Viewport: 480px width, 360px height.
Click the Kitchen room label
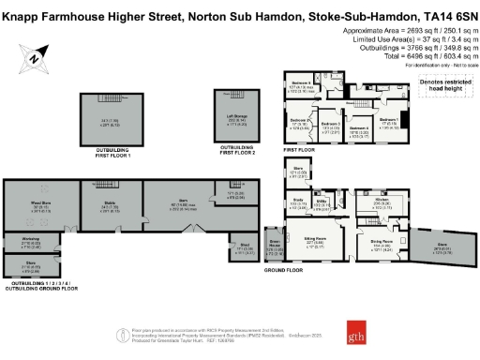pyautogui.click(x=382, y=198)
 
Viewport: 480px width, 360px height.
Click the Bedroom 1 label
pyautogui.click(x=388, y=119)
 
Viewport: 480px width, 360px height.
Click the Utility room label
pyautogui.click(x=318, y=202)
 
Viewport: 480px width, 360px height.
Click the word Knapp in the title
pyautogui.click(x=17, y=8)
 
